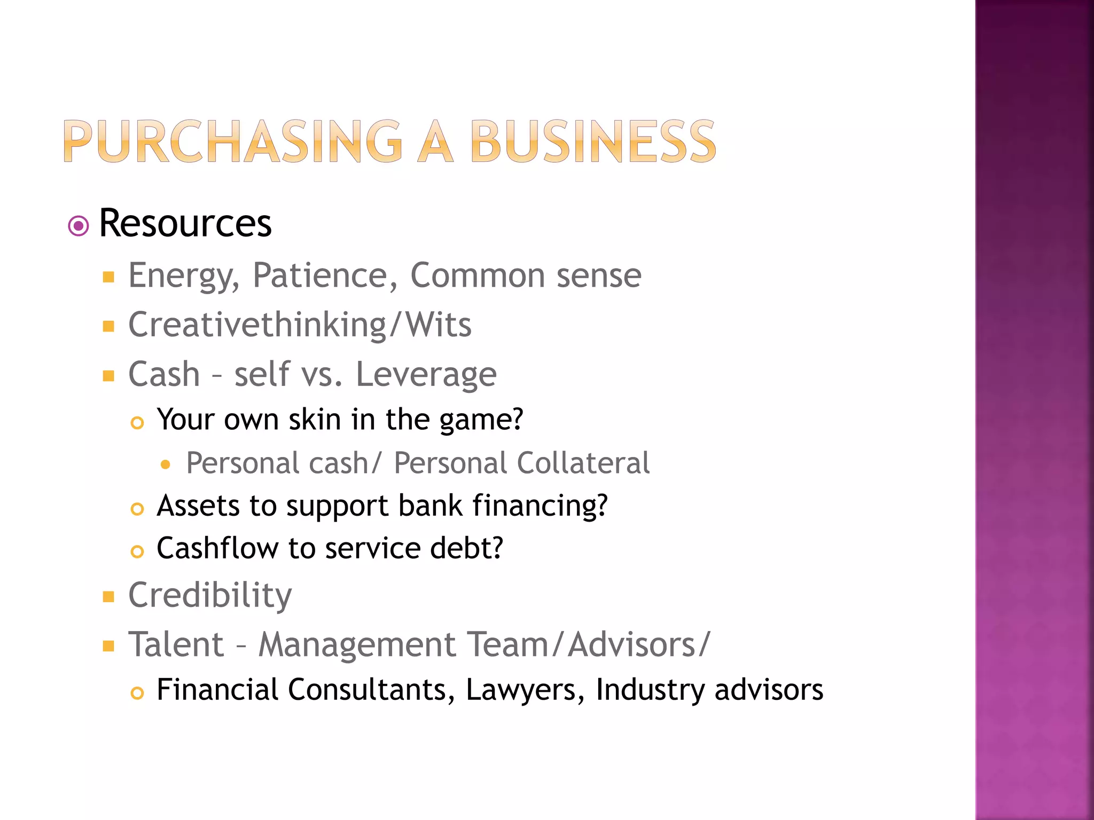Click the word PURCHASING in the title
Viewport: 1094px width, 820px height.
pyautogui.click(x=232, y=141)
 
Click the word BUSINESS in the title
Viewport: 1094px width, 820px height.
pyautogui.click(x=592, y=141)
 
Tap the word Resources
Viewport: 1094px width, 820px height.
pyautogui.click(x=185, y=223)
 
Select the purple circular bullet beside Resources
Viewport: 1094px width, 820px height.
pyautogui.click(x=79, y=226)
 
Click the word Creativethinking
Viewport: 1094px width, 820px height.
pyautogui.click(x=257, y=325)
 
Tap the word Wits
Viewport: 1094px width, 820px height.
pyautogui.click(x=439, y=325)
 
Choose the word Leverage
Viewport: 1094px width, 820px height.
pyautogui.click(x=426, y=374)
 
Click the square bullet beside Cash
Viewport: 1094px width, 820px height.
pyautogui.click(x=109, y=376)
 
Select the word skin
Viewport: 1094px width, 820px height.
pyautogui.click(x=315, y=420)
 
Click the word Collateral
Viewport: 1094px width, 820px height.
pyautogui.click(x=583, y=463)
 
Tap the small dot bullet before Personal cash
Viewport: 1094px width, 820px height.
pyautogui.click(x=166, y=465)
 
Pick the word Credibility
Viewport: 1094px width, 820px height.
pyautogui.click(x=210, y=595)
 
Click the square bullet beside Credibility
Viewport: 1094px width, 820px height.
pyautogui.click(x=109, y=597)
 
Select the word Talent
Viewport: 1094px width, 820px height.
pyautogui.click(x=176, y=644)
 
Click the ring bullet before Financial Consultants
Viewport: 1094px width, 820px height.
pyautogui.click(x=137, y=693)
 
